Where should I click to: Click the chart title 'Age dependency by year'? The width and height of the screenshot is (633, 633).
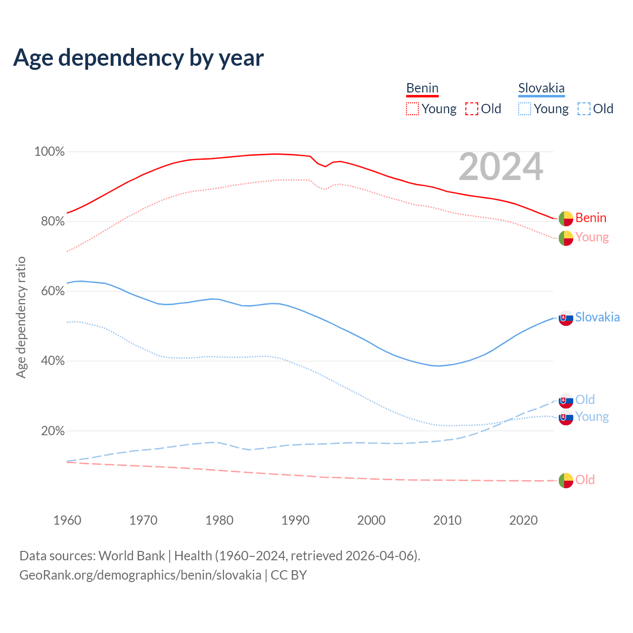138,58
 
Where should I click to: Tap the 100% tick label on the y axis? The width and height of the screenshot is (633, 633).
49,152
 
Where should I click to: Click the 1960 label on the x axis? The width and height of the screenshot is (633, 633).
67,520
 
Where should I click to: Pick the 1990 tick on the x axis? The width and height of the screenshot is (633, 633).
295,520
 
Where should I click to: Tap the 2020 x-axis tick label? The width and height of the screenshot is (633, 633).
523,520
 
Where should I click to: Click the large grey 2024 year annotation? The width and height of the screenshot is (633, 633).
501,167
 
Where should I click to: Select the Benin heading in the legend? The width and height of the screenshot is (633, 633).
422,89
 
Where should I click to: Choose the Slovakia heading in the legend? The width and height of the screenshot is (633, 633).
542,89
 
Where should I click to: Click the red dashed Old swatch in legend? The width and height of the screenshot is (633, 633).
472,109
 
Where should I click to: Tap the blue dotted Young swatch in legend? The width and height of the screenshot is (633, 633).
525,109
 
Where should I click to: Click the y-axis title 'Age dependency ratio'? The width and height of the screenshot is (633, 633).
21,317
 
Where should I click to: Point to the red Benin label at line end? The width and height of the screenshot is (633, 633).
591,218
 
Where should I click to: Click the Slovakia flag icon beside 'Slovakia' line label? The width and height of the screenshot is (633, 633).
566,318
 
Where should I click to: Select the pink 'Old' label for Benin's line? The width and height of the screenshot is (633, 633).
585,480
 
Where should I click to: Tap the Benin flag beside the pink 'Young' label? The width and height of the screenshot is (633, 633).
566,238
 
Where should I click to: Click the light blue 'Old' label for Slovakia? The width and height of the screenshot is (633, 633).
585,400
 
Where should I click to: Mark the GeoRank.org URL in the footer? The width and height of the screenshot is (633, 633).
140,575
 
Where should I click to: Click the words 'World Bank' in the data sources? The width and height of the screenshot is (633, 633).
132,556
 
